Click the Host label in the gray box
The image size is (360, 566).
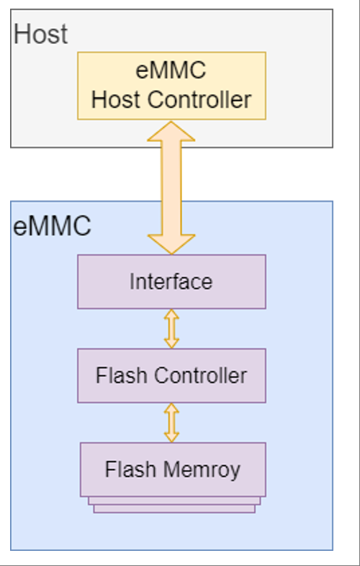[x=41, y=34]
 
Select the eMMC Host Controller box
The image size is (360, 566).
[x=171, y=85]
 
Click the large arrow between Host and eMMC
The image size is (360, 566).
[x=171, y=187]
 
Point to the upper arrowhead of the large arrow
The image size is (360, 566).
[x=171, y=132]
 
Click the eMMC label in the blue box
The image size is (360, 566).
[x=53, y=226]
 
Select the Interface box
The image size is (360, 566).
[x=171, y=281]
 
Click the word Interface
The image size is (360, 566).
[x=171, y=282]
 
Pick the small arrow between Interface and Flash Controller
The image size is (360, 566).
[x=171, y=328]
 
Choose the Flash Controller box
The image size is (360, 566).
[x=171, y=375]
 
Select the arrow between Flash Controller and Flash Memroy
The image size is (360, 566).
[x=171, y=422]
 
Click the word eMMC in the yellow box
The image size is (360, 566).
[x=171, y=72]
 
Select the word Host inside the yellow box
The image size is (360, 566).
[x=117, y=99]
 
